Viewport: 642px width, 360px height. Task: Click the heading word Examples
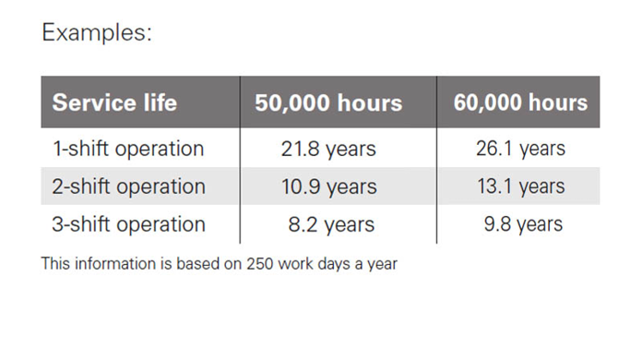97,32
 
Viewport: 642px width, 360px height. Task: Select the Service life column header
114,102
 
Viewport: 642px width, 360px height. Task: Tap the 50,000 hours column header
328,102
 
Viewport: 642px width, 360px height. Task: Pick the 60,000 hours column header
520,102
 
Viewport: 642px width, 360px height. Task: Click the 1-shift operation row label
128,149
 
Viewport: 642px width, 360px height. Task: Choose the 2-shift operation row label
128,186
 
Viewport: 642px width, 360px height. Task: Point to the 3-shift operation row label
128,224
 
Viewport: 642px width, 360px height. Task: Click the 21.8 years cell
328,149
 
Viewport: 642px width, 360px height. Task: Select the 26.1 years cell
520,149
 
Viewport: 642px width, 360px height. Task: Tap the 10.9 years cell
328,186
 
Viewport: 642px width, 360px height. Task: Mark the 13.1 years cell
521,186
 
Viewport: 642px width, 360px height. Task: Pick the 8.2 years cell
331,225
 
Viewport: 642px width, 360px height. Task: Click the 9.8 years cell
523,224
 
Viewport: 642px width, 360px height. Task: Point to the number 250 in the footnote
259,264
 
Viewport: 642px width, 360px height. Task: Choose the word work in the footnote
295,264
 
